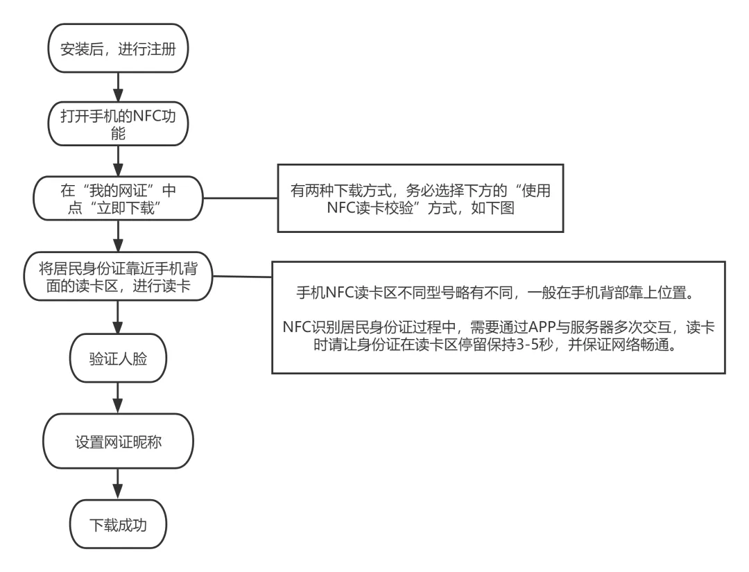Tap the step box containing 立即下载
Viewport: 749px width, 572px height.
(117, 199)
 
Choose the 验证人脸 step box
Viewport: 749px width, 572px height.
(117, 358)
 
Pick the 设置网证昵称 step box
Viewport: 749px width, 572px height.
(117, 440)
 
